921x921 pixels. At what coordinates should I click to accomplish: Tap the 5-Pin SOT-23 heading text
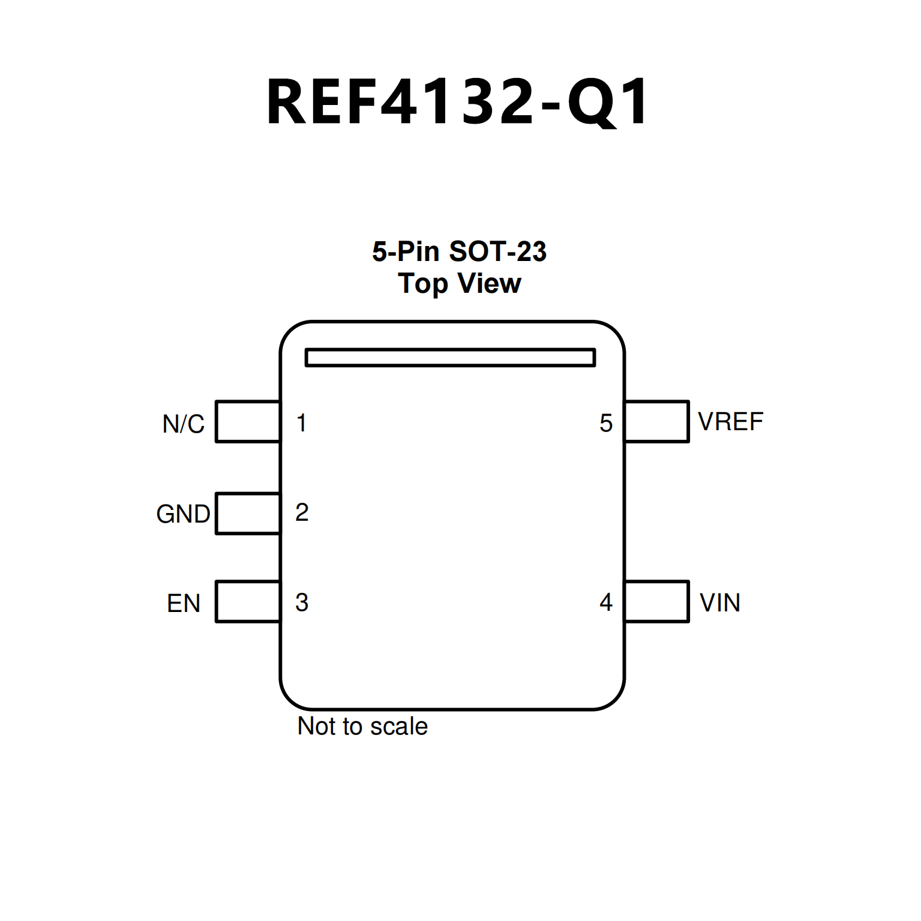pos(459,251)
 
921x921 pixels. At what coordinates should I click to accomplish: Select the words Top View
pos(460,283)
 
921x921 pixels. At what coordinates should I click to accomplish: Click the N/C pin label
pos(183,424)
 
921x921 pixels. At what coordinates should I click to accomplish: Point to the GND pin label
pos(183,514)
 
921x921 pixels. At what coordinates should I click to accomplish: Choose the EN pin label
pos(183,604)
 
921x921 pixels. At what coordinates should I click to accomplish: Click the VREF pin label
pos(730,422)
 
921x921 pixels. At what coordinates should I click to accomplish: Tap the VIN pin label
pos(719,603)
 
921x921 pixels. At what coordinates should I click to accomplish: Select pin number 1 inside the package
pos(302,423)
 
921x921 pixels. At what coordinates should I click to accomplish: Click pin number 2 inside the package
pos(302,512)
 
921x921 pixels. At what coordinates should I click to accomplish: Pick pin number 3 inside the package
pos(302,602)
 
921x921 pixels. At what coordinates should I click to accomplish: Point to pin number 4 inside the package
pos(606,602)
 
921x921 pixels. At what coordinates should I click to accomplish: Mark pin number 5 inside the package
pos(606,424)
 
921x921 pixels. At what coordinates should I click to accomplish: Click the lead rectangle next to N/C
pos(248,422)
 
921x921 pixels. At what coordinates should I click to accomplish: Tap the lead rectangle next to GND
pos(248,513)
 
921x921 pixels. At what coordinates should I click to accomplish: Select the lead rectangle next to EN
pos(248,602)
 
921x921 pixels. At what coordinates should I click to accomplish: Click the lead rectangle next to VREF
pos(656,422)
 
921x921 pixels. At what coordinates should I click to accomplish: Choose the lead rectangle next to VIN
pos(656,602)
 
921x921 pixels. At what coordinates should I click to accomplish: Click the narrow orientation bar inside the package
pos(450,358)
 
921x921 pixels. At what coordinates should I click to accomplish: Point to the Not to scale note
pos(362,727)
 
